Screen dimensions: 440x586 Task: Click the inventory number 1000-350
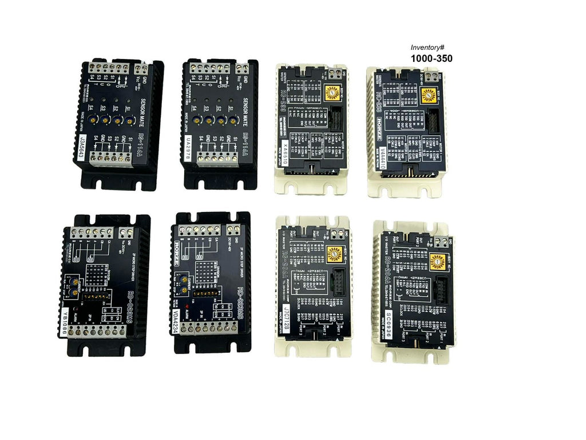431,58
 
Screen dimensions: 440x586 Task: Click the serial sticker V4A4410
383,158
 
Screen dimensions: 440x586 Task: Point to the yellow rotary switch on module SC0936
438,259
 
